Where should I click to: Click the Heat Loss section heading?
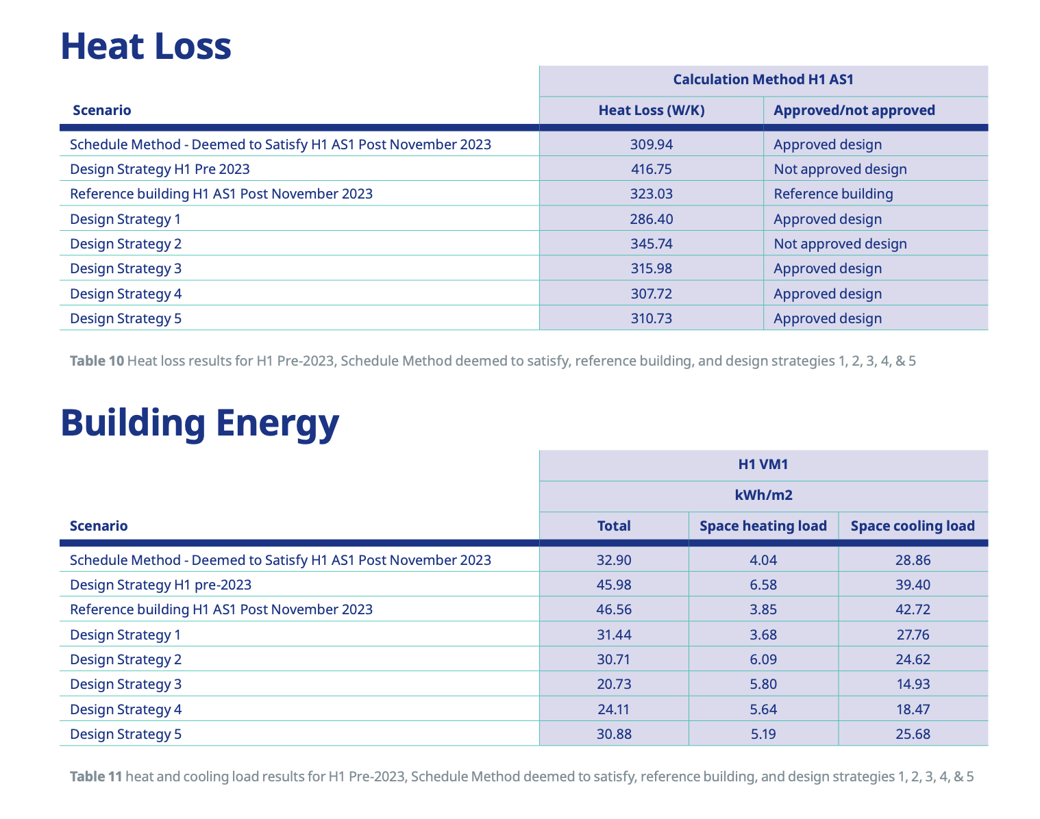pyautogui.click(x=145, y=47)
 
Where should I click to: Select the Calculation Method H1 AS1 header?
pyautogui.click(x=763, y=79)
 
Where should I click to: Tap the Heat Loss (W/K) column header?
pyautogui.click(x=651, y=110)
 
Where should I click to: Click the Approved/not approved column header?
pyautogui.click(x=854, y=110)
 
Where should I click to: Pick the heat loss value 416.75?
pyautogui.click(x=651, y=169)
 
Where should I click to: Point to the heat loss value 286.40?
pyautogui.click(x=651, y=219)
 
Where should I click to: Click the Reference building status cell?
pyautogui.click(x=833, y=194)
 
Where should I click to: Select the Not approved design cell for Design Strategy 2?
pyautogui.click(x=840, y=244)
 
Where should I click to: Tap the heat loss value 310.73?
pyautogui.click(x=651, y=318)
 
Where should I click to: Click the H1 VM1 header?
pyautogui.click(x=763, y=464)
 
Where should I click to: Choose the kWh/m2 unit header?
pyautogui.click(x=763, y=495)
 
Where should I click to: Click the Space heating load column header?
pyautogui.click(x=763, y=526)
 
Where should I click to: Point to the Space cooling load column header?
pyautogui.click(x=913, y=526)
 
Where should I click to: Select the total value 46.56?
pyautogui.click(x=614, y=609)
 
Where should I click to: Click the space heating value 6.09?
pyautogui.click(x=763, y=659)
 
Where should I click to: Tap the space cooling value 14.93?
pyautogui.click(x=913, y=684)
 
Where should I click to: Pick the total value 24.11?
pyautogui.click(x=614, y=709)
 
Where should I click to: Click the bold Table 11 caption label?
pyautogui.click(x=96, y=777)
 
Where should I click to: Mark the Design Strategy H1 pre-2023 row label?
pyautogui.click(x=160, y=585)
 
